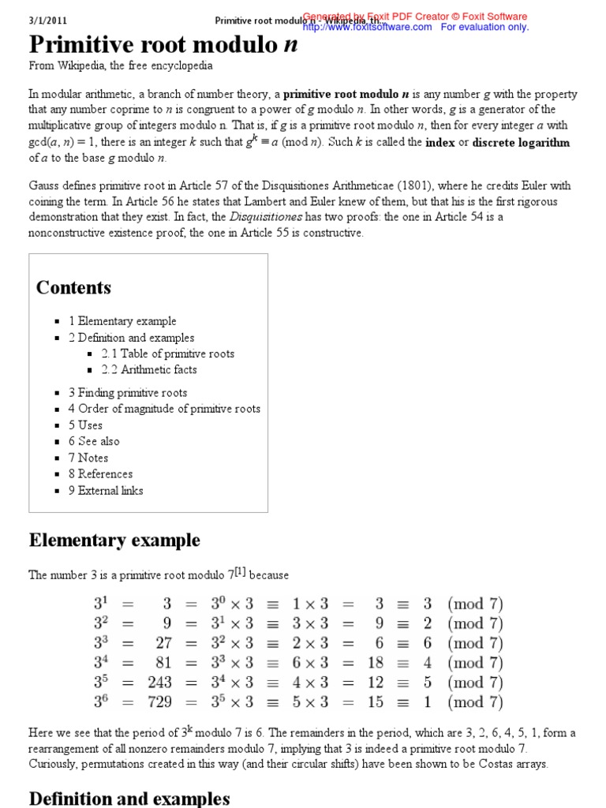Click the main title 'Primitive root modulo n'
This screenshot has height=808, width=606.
(x=163, y=45)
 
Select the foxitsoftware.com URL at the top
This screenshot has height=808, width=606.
(x=367, y=27)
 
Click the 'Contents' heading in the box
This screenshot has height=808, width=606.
(x=73, y=287)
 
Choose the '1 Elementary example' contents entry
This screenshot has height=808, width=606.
(x=122, y=321)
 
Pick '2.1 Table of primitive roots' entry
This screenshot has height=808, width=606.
(x=167, y=353)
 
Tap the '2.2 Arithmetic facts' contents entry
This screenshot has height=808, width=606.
(x=149, y=369)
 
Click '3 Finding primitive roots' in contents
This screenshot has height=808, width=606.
(x=127, y=392)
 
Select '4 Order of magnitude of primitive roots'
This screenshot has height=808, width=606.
(x=163, y=409)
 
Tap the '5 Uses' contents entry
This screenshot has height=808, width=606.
(x=85, y=425)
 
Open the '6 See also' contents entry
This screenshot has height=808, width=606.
(x=94, y=441)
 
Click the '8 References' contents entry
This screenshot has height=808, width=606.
(x=100, y=473)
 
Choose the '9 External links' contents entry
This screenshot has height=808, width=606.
(x=106, y=490)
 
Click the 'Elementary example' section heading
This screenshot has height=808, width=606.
(x=114, y=541)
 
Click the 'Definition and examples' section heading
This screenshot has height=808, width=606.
(x=129, y=799)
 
